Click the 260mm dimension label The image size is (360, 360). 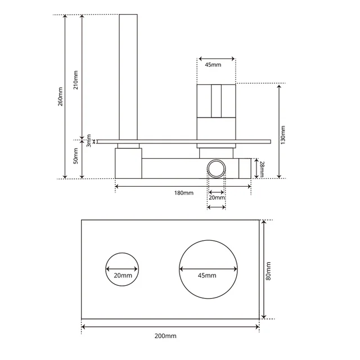click(x=60, y=96)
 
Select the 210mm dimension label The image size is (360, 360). click(x=76, y=79)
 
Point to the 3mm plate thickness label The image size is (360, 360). click(x=88, y=139)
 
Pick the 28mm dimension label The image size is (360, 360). click(x=262, y=168)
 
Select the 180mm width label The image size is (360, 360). click(x=183, y=193)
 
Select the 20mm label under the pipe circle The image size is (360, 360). click(x=217, y=197)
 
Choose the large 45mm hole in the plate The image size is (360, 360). click(x=208, y=270)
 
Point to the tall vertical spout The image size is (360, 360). click(x=128, y=73)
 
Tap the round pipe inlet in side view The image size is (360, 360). click(x=217, y=168)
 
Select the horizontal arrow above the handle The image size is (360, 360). click(x=216, y=58)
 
